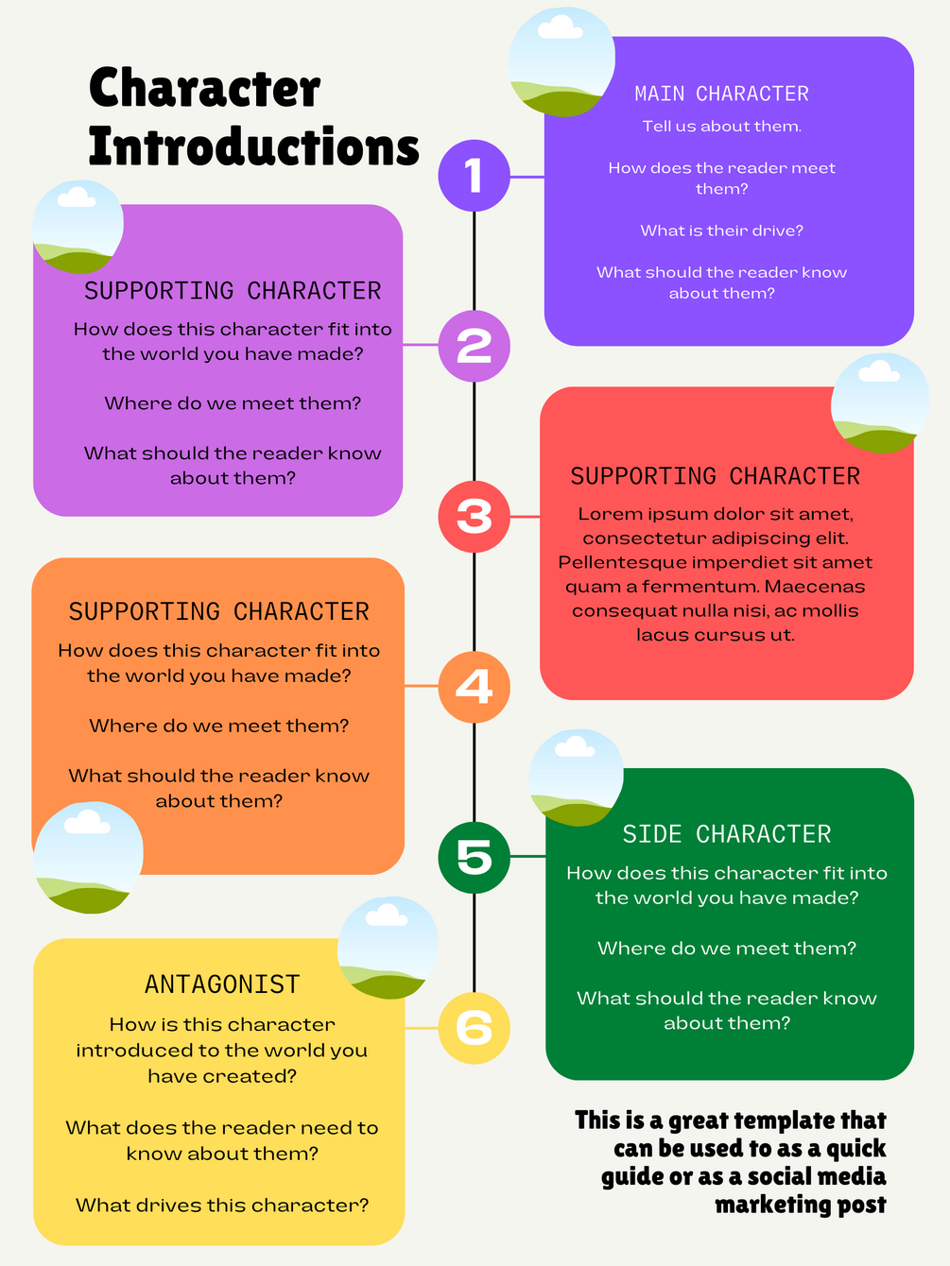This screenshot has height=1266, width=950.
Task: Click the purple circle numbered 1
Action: [x=474, y=176]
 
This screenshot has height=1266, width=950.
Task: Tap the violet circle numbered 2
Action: [x=474, y=346]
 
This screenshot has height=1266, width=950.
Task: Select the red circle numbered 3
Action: [x=474, y=517]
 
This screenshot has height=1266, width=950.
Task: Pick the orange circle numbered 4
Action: [x=474, y=687]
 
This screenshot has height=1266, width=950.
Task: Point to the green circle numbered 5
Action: [x=474, y=857]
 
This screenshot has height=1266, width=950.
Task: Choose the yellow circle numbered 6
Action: [x=474, y=1028]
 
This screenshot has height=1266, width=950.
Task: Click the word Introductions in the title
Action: [x=253, y=147]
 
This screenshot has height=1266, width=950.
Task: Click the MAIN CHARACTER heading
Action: [x=721, y=94]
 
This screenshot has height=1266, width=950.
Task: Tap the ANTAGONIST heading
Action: [x=222, y=984]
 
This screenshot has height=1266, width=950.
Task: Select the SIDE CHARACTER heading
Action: [x=726, y=834]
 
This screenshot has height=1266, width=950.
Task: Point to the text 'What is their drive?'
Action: [x=721, y=231]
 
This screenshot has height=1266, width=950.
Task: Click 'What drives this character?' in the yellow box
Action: [x=222, y=1205]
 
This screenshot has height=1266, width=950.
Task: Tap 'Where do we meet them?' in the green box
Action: [x=726, y=948]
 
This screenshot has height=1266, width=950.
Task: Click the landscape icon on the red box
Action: [x=878, y=402]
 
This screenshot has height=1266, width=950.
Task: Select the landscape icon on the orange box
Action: [x=88, y=858]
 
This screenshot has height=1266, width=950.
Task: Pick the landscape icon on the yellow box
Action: [x=388, y=948]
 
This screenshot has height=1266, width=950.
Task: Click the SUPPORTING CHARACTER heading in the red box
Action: [x=715, y=476]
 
